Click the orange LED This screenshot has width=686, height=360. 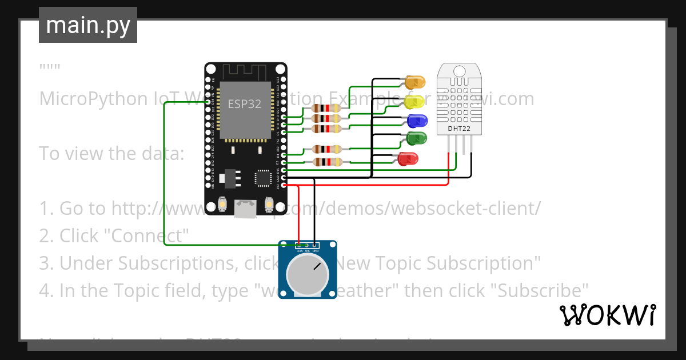(x=416, y=81)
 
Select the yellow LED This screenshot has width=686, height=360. (x=415, y=102)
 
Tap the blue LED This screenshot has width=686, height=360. (x=417, y=121)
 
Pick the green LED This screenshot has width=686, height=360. (x=417, y=138)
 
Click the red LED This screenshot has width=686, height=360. (x=408, y=158)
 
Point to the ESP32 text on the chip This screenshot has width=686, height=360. (x=245, y=104)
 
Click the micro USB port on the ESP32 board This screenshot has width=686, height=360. (x=245, y=209)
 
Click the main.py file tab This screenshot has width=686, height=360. (x=88, y=26)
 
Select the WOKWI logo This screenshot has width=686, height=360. (x=607, y=315)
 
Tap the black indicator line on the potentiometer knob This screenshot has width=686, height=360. (x=317, y=266)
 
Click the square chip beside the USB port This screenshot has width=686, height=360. (x=264, y=177)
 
